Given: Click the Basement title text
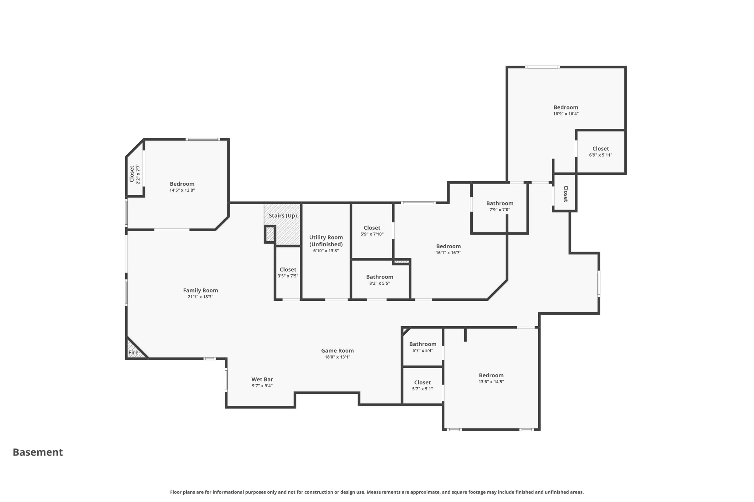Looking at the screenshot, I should (38, 452).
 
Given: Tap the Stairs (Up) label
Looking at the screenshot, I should (282, 216).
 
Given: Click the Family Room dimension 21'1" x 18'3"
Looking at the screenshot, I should (200, 297).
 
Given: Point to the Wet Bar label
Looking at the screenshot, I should (262, 379).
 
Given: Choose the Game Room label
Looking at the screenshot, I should (337, 350).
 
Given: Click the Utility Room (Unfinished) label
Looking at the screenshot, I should (326, 241).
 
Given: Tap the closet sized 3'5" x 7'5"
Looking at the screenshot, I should (288, 273).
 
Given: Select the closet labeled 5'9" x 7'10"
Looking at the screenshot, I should (372, 231).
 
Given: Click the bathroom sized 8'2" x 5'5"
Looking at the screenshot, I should (380, 280).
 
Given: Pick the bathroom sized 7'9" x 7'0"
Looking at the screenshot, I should (500, 206).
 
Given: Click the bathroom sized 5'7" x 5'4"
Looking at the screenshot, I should (423, 347).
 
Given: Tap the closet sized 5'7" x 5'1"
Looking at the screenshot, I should (422, 385).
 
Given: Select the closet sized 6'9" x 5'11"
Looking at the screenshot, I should (600, 152).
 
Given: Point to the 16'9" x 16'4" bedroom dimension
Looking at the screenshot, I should (565, 114).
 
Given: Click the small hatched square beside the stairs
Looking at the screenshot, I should (270, 234).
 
